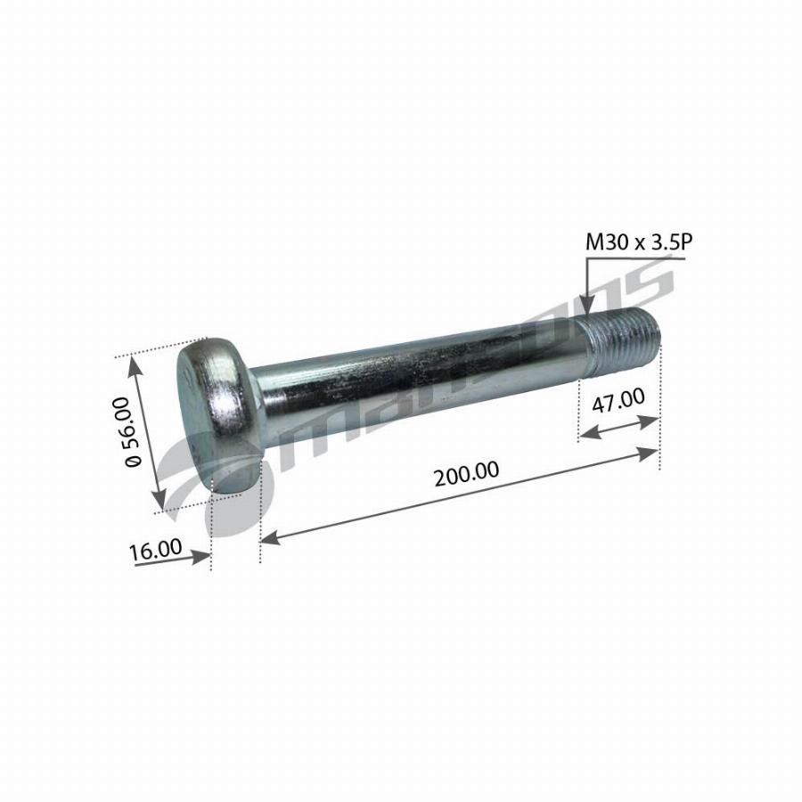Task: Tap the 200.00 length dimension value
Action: (x=466, y=472)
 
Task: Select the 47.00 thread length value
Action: (x=618, y=401)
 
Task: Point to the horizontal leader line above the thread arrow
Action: (x=634, y=258)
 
